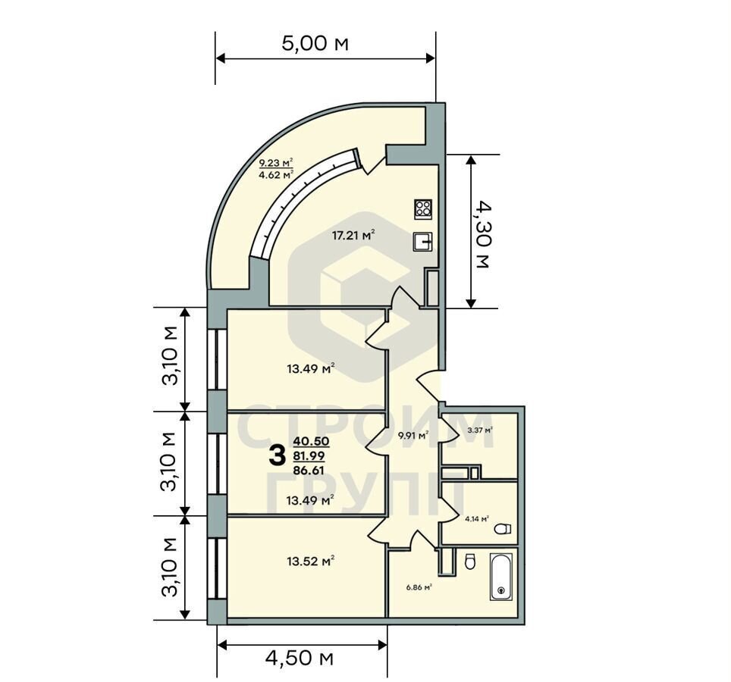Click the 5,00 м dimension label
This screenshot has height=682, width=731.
coord(315,43)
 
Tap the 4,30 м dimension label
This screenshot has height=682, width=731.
coord(481,235)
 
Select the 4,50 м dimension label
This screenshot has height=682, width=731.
coord(300,659)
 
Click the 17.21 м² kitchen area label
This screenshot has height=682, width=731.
coord(353,235)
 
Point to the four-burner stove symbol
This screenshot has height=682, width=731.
coord(423,208)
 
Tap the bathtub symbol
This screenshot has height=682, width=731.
coord(501,576)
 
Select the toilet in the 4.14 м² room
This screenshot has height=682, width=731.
coord(502,529)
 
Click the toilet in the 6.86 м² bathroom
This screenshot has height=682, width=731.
coord(470,562)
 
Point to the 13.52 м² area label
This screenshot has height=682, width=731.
coord(311,561)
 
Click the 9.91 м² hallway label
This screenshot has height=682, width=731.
coord(413,436)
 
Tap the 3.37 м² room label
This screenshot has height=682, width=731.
coord(481,430)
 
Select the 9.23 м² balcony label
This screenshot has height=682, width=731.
coord(276,163)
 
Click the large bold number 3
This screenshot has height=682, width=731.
coord(278,455)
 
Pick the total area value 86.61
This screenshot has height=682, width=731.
coord(309,471)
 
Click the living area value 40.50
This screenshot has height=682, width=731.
coord(311,441)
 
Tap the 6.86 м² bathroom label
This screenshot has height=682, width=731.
coord(419,587)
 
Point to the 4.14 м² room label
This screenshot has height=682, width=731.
coord(476,518)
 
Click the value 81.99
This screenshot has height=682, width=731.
coord(309,455)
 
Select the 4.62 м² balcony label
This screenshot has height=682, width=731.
coord(276,175)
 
